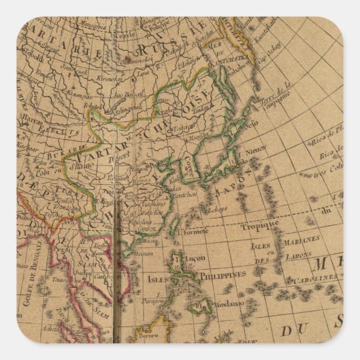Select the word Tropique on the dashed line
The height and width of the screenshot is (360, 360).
tap(259, 226)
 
